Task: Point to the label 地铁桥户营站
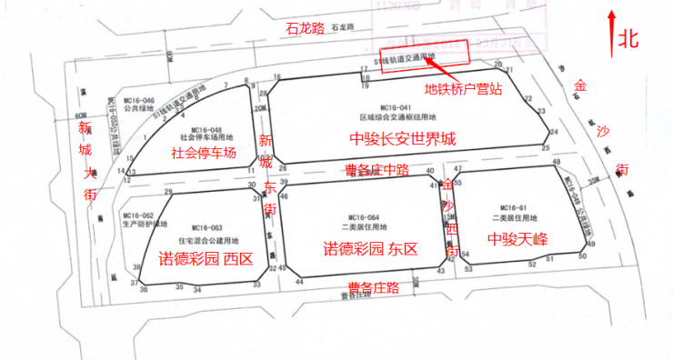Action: tap(464, 89)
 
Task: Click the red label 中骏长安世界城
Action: tap(403, 139)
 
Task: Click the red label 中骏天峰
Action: tap(517, 239)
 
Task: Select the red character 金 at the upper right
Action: tap(578, 86)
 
